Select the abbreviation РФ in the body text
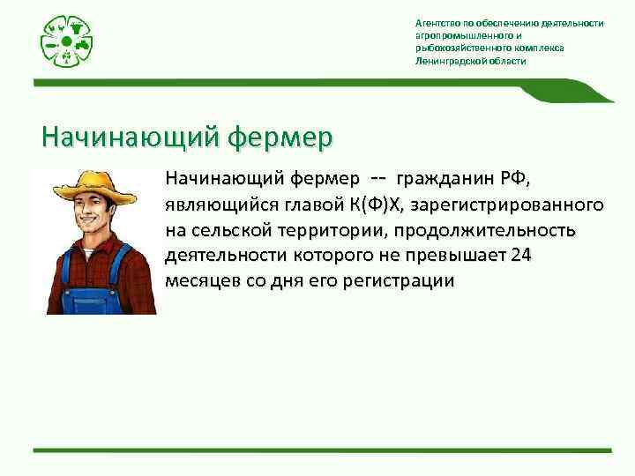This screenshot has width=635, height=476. pos(513,180)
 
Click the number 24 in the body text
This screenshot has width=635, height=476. pos(523,256)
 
